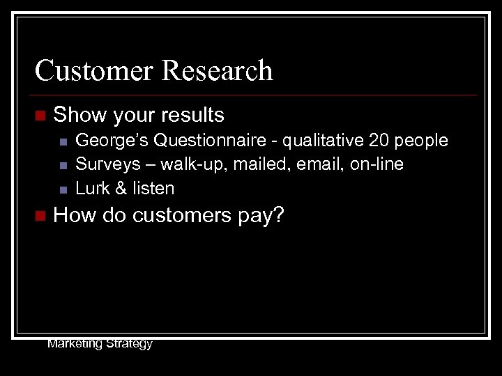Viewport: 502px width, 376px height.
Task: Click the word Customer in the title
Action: (92, 71)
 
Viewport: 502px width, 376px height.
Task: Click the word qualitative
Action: (324, 141)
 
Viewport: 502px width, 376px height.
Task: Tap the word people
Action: (423, 141)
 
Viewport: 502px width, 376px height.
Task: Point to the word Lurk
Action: (91, 189)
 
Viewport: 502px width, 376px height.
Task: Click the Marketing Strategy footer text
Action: (100, 343)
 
